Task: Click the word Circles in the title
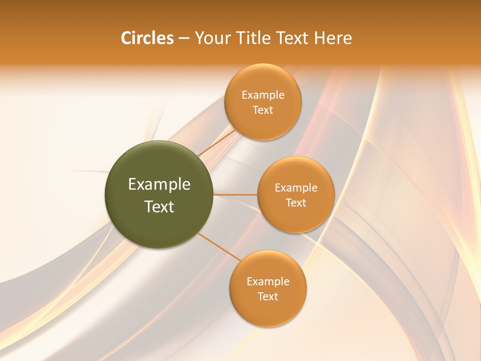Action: point(147,38)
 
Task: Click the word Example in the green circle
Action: point(159,185)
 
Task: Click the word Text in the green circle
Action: point(159,207)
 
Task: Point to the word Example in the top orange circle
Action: point(263,95)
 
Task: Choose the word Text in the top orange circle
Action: point(263,110)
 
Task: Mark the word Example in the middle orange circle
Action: point(296,188)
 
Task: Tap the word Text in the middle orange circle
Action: point(296,203)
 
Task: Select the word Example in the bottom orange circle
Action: point(268,282)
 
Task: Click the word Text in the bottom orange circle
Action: point(268,297)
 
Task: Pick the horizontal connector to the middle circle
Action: point(235,195)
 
